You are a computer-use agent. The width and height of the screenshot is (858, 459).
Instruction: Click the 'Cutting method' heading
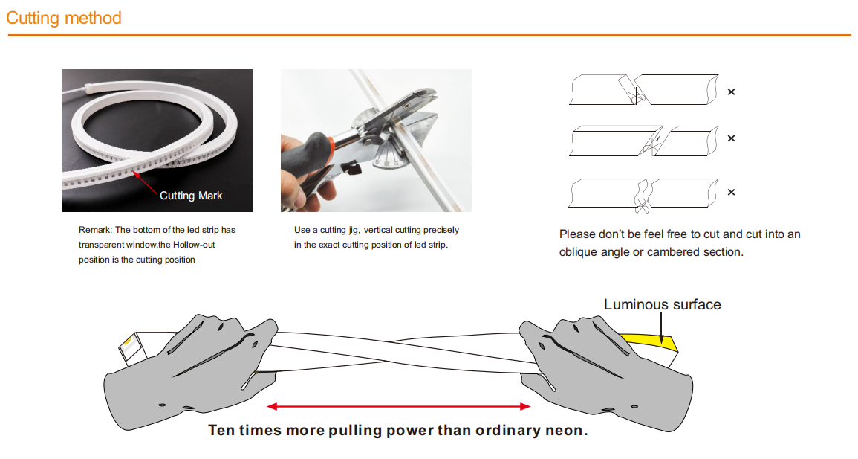64,18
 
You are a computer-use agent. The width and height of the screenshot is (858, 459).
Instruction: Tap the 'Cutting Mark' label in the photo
191,196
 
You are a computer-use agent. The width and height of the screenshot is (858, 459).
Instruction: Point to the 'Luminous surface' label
662,304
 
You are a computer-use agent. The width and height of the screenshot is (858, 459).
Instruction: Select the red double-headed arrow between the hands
399,406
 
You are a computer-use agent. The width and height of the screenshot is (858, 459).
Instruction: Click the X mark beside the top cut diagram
731,92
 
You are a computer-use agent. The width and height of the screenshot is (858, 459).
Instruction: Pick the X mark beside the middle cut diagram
731,138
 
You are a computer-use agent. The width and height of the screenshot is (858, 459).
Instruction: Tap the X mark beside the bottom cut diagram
731,192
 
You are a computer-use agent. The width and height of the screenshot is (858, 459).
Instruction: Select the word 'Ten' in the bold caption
221,430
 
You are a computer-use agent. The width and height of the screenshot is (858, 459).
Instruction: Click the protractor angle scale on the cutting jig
391,153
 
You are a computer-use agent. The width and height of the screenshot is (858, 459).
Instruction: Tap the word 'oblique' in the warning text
578,251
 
